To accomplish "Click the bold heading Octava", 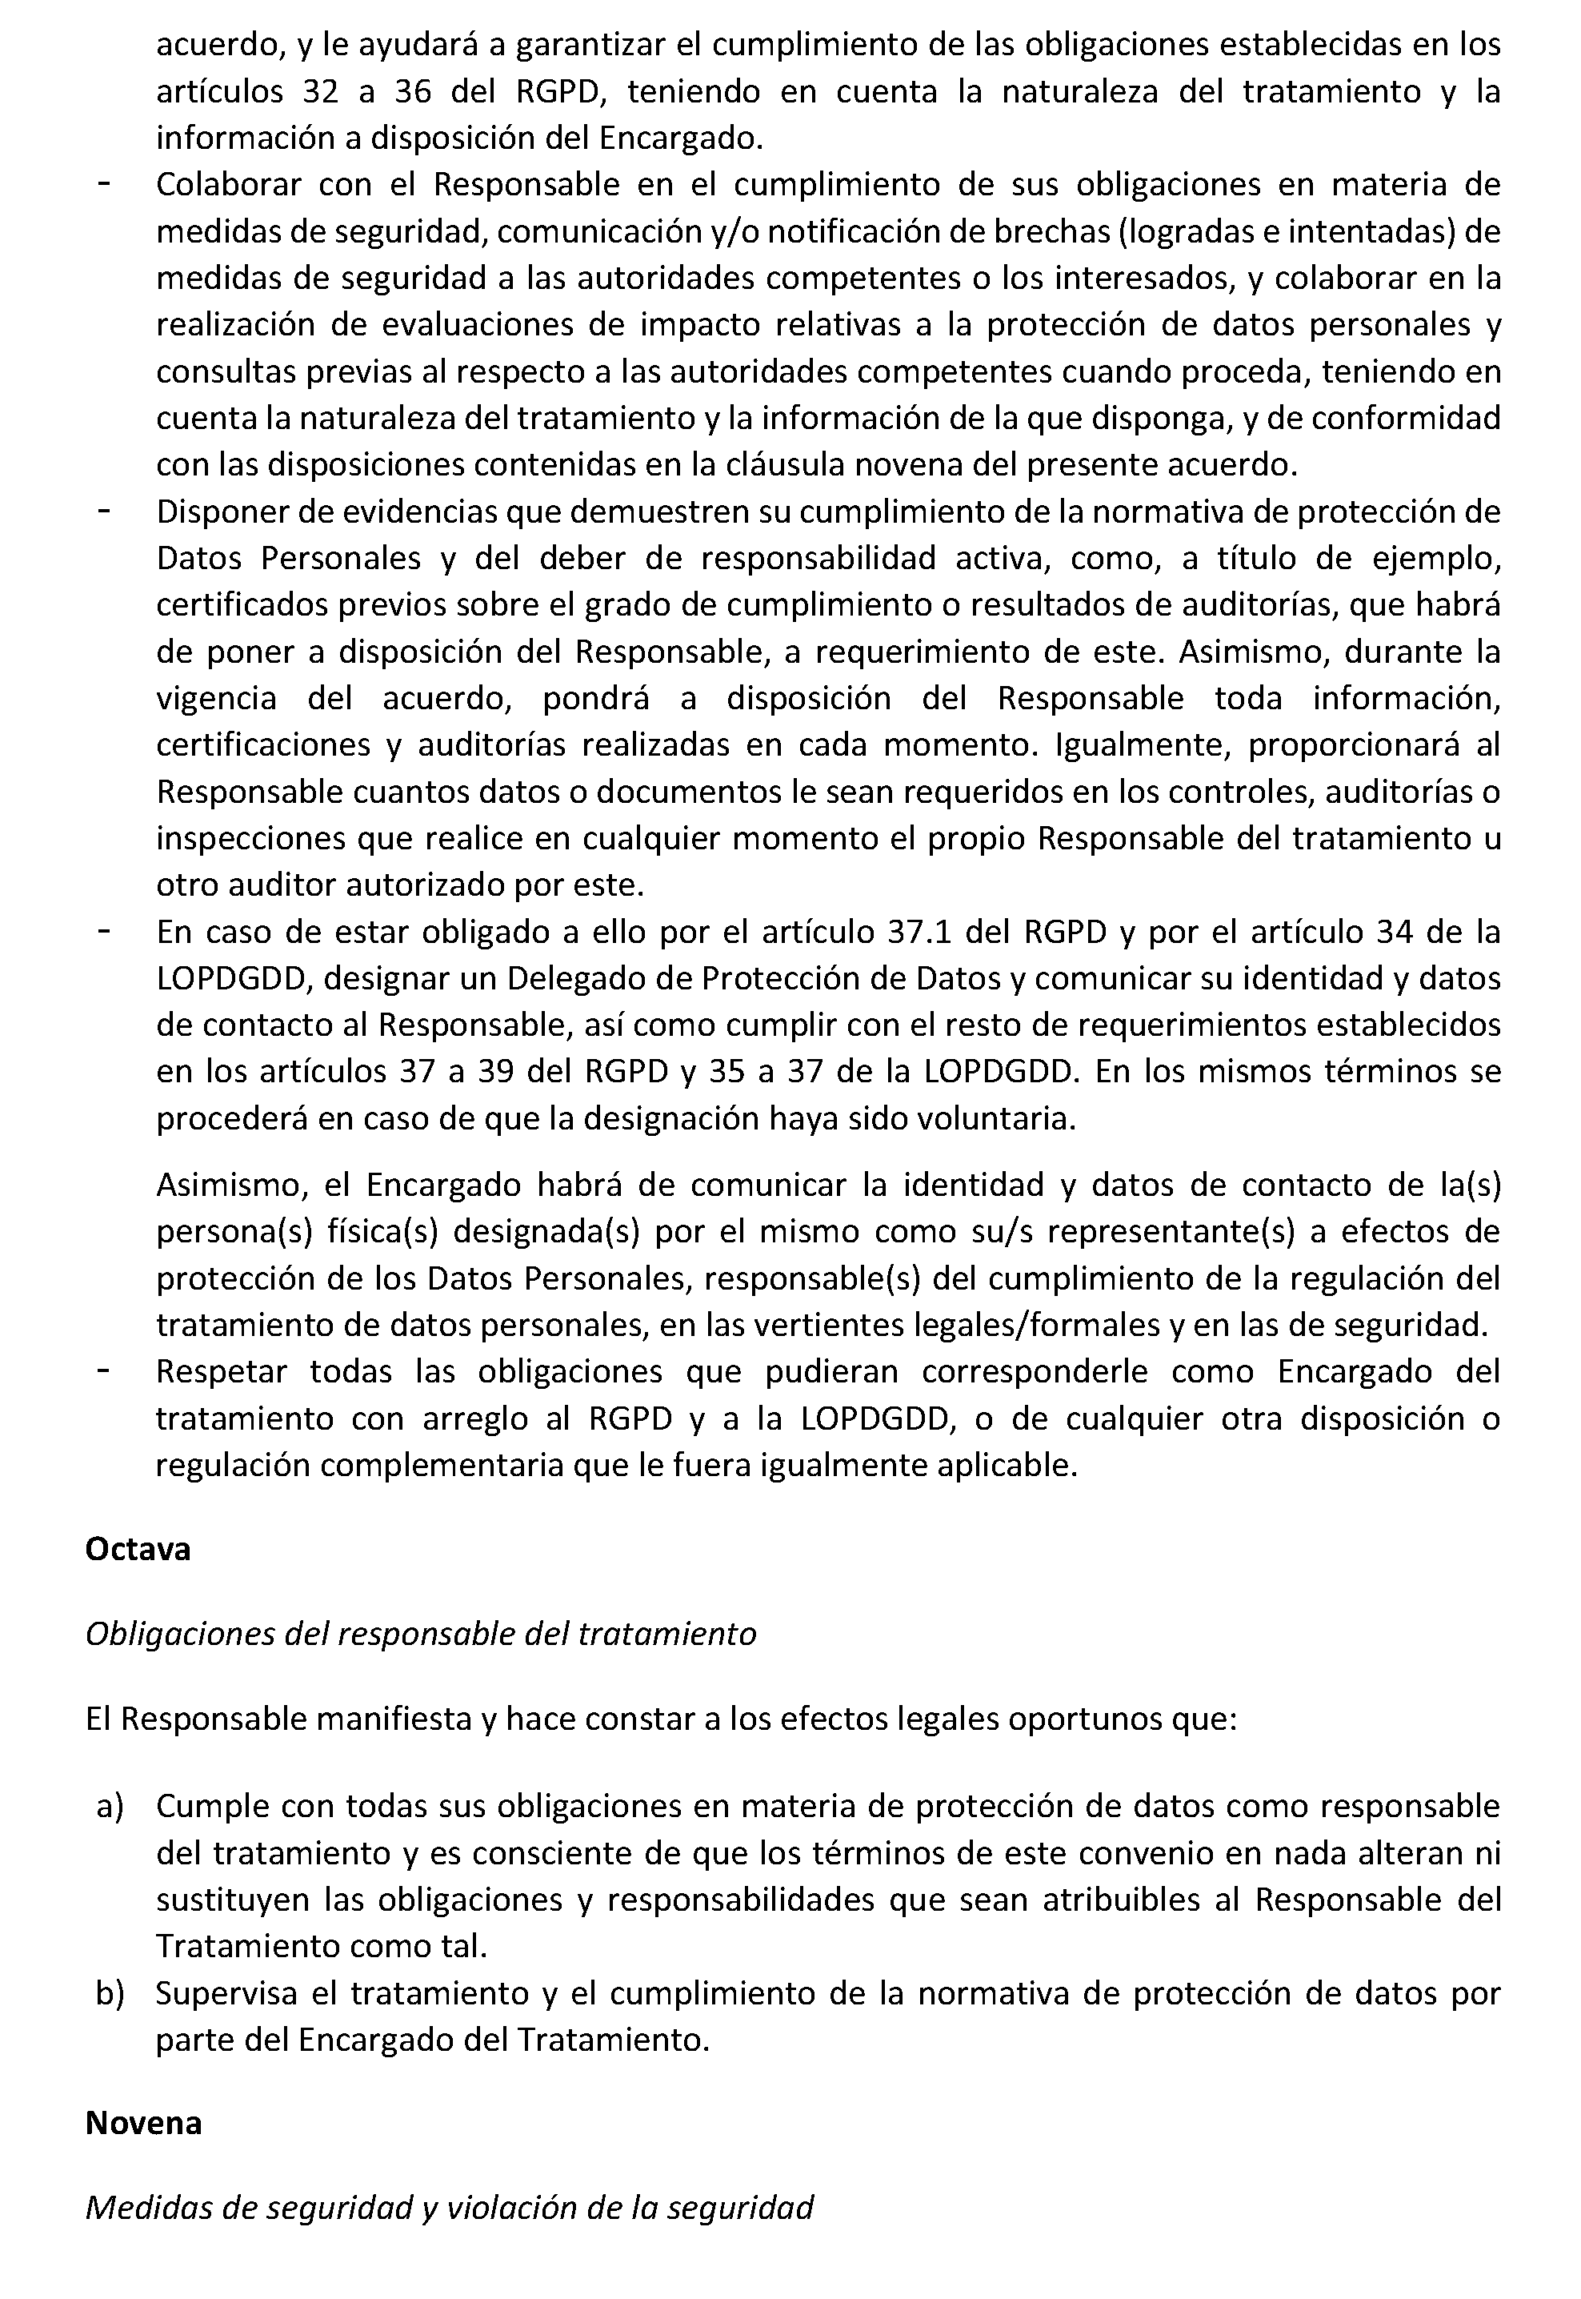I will click(138, 1548).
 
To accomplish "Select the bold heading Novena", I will click(144, 2123).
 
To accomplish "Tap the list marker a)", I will click(109, 1807).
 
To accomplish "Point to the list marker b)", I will click(109, 1992).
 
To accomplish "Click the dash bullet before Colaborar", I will click(103, 184).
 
